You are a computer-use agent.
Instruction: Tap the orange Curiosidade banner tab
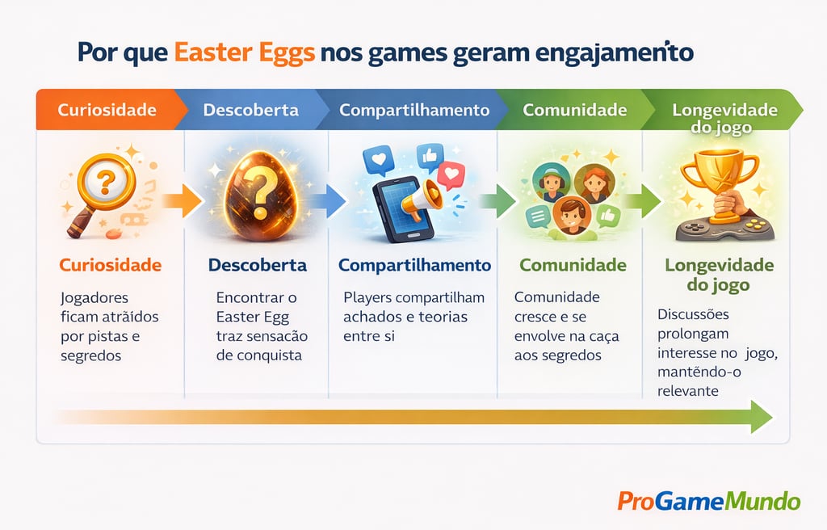(x=107, y=110)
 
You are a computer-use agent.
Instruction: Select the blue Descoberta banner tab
(x=250, y=110)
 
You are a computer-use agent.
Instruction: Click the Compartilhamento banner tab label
(x=413, y=110)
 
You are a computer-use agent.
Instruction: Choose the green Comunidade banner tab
(x=574, y=110)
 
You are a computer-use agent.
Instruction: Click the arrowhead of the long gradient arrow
(x=760, y=416)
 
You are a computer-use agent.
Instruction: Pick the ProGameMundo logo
(x=708, y=501)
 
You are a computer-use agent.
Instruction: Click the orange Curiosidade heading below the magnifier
(x=111, y=265)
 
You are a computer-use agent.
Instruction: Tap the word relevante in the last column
(x=689, y=390)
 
